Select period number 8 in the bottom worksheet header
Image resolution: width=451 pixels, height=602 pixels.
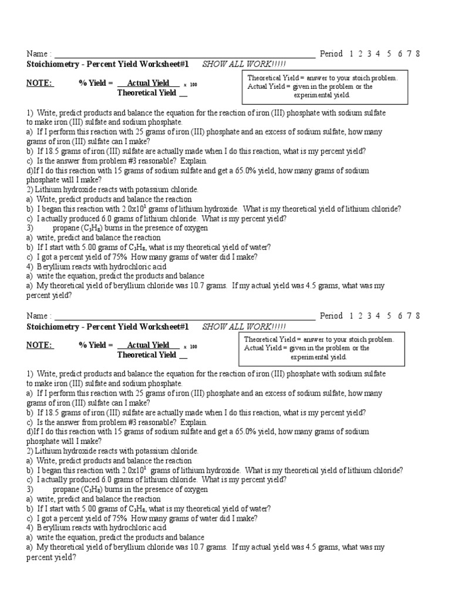(418, 316)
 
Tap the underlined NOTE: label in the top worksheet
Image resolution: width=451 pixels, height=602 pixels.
(39, 83)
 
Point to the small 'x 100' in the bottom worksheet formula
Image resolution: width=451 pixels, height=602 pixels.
(190, 347)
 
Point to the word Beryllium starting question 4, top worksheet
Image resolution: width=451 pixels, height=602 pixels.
(51, 266)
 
